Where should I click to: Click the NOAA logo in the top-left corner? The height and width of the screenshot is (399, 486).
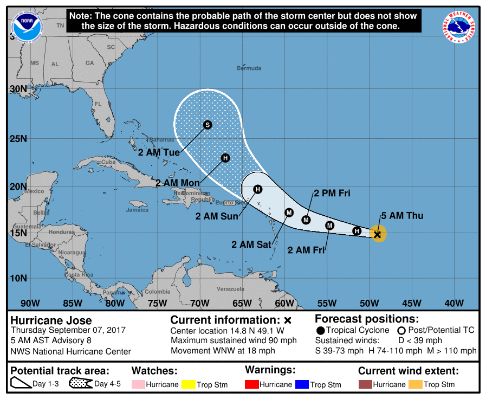[29, 25]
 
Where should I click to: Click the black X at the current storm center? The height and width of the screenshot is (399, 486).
[378, 234]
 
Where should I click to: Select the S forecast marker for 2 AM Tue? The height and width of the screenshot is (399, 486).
[207, 125]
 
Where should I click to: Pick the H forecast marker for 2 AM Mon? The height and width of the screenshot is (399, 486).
[225, 158]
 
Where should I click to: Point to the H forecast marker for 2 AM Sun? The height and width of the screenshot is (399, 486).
[258, 189]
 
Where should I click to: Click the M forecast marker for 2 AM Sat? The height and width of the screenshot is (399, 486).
[289, 213]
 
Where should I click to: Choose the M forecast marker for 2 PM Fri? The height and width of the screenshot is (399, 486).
[306, 220]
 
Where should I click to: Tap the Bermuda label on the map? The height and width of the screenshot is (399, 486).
[249, 68]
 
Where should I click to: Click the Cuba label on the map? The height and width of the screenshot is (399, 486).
[108, 162]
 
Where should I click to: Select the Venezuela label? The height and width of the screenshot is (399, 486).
[231, 289]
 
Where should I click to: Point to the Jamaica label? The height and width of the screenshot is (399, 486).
[137, 210]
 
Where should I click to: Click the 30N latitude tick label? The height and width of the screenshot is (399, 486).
[19, 89]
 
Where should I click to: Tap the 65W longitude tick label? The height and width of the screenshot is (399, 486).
[242, 303]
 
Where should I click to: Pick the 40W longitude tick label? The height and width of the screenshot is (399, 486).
[453, 303]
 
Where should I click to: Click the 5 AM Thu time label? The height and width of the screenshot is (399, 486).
[401, 216]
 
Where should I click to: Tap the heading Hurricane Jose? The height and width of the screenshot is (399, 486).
[51, 320]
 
